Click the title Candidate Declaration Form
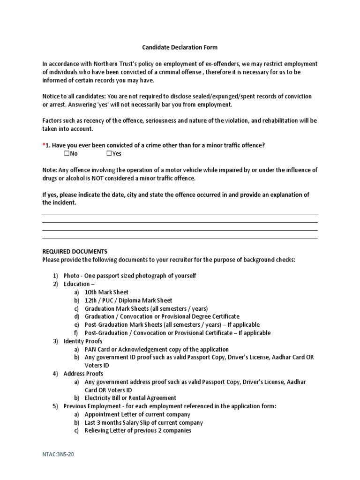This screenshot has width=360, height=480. (180, 47)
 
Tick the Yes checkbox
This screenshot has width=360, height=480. (109, 153)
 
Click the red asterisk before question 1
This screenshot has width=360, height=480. (44, 145)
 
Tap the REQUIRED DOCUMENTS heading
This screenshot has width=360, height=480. (75, 252)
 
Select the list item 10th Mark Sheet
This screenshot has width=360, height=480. (106, 292)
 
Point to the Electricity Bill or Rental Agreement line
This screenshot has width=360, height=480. (130, 398)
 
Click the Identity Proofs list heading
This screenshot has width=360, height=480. (82, 341)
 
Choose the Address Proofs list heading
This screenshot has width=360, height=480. (83, 374)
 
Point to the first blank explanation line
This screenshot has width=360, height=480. (180, 214)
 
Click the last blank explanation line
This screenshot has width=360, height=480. (180, 239)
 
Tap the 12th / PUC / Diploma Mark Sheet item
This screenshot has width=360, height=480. (128, 300)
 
